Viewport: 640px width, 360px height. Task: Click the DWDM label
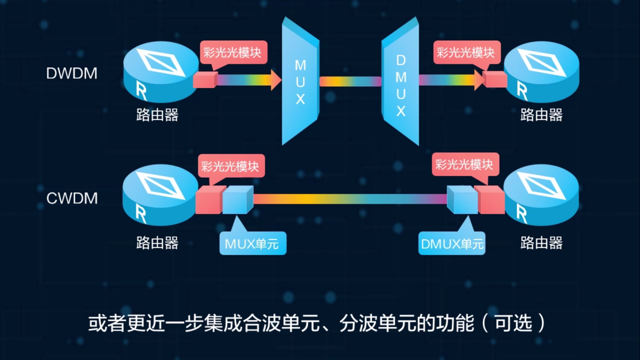72,73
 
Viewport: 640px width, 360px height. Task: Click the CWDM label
72,198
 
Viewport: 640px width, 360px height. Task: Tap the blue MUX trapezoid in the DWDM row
300,82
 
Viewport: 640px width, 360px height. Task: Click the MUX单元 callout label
252,244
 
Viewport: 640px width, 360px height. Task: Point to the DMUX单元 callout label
452,244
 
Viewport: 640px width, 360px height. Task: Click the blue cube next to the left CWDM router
237,200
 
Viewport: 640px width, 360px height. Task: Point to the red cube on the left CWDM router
208,200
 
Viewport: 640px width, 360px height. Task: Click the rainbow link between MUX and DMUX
350,81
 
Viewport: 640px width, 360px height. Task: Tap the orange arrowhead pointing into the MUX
275,80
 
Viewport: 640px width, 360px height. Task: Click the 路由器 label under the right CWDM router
541,243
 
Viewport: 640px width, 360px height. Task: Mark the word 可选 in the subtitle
513,323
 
